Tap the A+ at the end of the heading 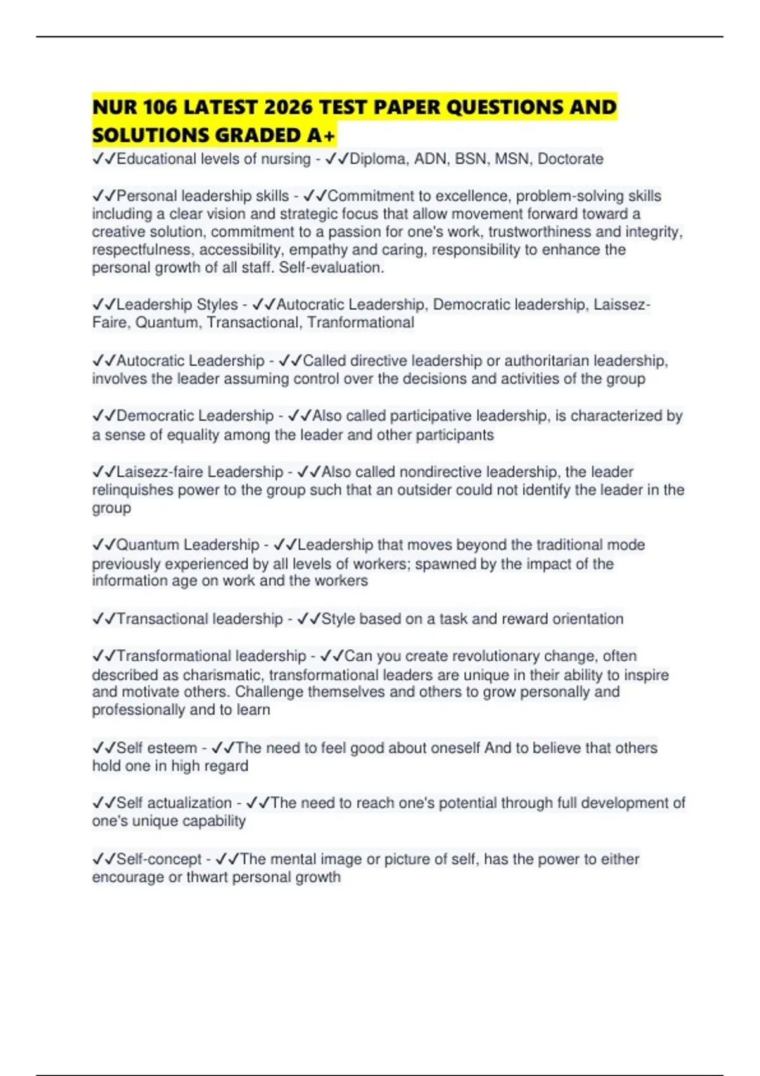(x=321, y=135)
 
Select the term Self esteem (x=156, y=748)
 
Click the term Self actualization (x=174, y=803)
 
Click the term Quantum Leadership (x=188, y=545)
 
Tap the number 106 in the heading (x=160, y=107)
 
